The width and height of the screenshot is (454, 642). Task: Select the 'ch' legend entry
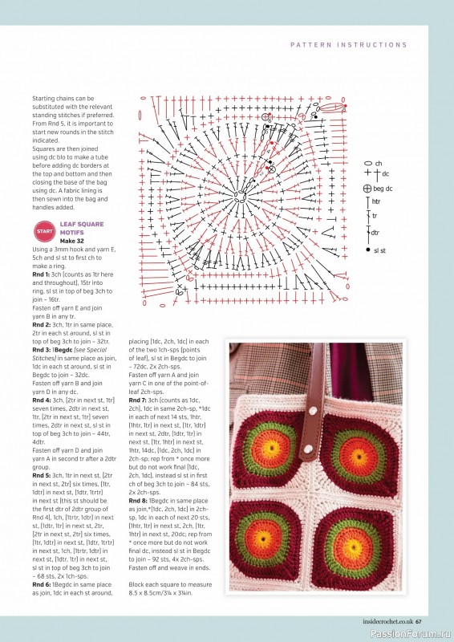pos(378,163)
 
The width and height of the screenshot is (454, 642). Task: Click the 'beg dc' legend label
pos(383,189)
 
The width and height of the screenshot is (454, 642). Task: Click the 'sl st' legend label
pos(380,250)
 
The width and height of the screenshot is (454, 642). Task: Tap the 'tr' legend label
pos(373,216)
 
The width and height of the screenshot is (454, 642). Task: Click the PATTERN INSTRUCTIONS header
pos(348,45)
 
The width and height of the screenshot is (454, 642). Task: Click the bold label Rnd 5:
pos(42,475)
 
